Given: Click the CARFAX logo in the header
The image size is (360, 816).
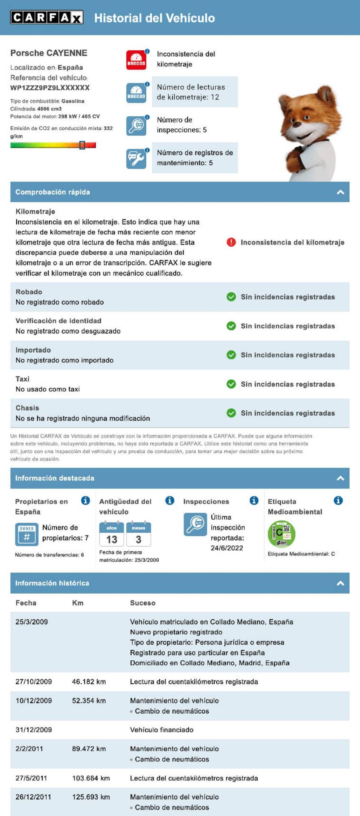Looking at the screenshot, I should [47, 18].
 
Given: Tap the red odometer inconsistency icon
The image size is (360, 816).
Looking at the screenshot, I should [136, 60].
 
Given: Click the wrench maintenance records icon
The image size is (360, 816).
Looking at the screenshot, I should [136, 159].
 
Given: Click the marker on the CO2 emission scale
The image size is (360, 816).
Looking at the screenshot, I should [82, 145].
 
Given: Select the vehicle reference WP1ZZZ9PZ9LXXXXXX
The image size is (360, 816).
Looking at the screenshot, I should [50, 88].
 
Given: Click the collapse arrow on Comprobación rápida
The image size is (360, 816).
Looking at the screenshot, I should [340, 192].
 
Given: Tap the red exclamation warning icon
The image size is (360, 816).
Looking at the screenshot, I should [231, 242].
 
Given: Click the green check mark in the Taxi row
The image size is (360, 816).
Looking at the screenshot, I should [231, 384].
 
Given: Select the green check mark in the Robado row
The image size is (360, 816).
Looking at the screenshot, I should [231, 297].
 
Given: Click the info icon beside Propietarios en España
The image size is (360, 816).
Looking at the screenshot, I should [85, 501].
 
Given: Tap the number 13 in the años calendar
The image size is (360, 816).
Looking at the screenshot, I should [112, 539].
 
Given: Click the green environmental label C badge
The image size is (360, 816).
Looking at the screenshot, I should [281, 534].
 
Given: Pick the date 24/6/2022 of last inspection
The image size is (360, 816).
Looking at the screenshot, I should [227, 548].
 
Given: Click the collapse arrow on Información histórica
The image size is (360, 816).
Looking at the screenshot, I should [340, 583].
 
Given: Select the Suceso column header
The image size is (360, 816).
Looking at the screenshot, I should [142, 603].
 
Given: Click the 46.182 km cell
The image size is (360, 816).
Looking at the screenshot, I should [89, 682].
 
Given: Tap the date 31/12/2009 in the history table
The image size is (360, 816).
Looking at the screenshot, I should [33, 730].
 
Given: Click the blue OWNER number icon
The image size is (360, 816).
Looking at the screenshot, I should [27, 534].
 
